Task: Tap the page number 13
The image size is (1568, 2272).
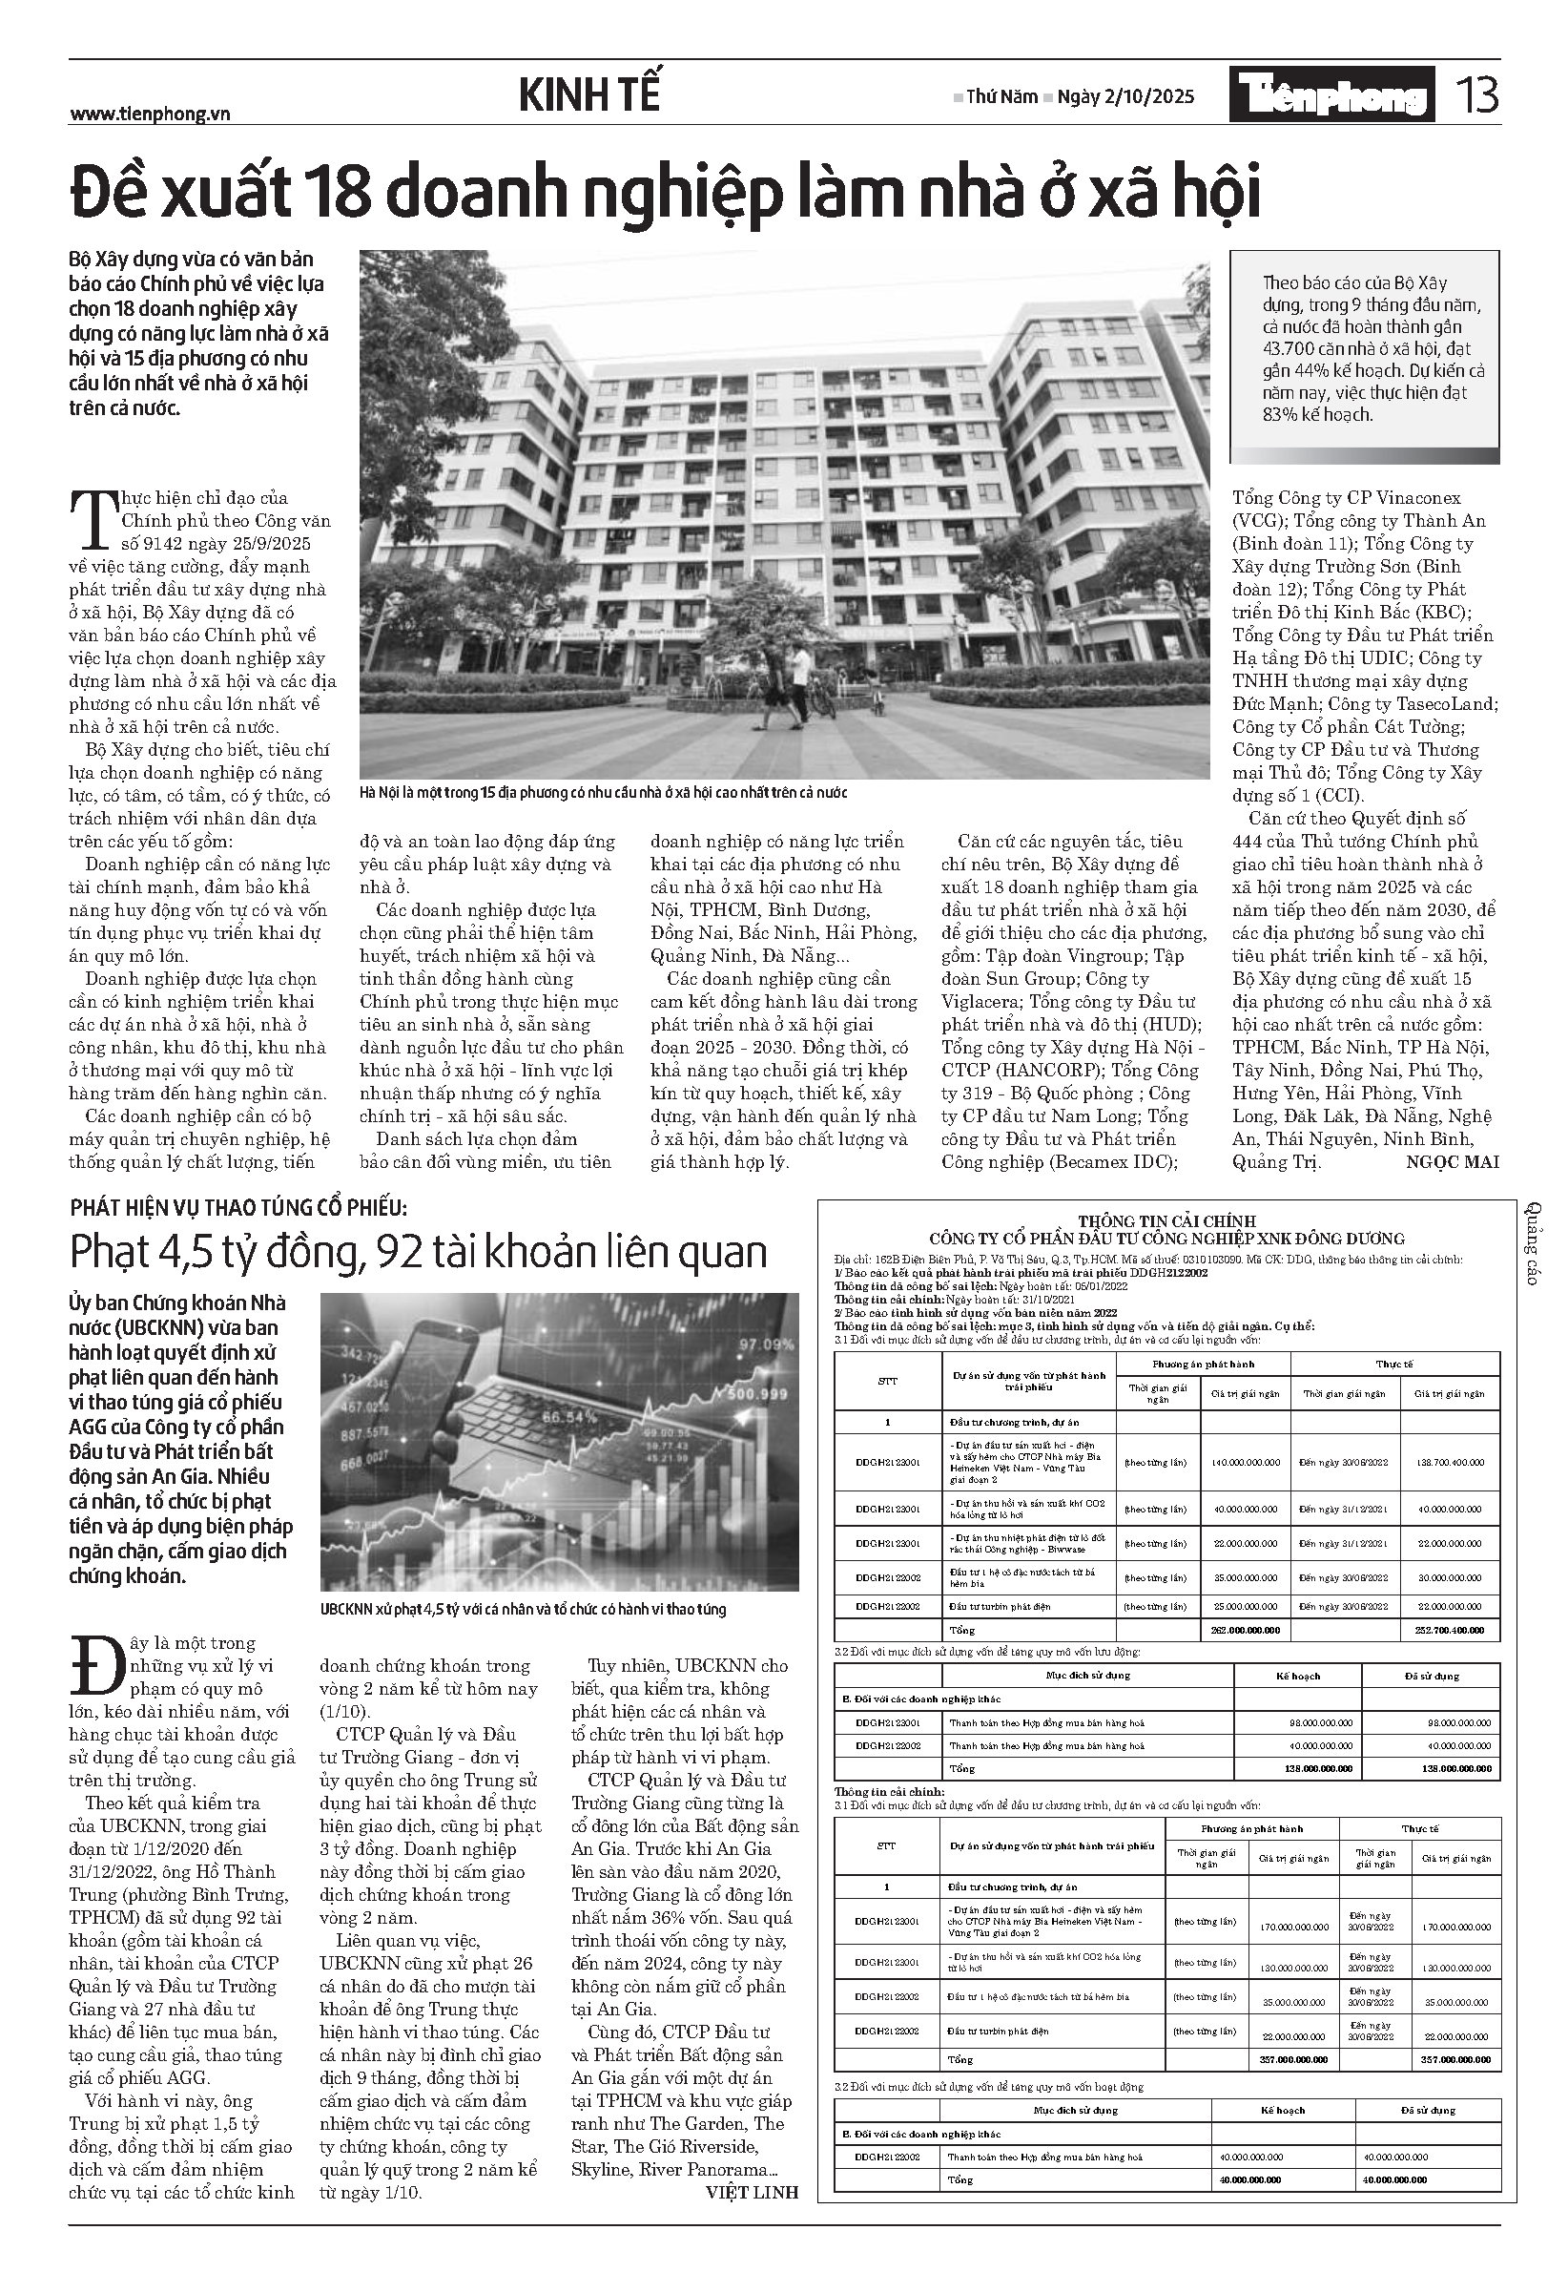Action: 1476,95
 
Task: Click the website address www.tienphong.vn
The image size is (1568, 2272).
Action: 150,114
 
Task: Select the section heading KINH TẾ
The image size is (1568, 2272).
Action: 588,95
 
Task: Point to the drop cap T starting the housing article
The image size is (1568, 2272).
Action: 93,517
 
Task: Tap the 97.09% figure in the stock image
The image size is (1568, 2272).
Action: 765,1343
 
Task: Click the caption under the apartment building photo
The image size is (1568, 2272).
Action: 603,792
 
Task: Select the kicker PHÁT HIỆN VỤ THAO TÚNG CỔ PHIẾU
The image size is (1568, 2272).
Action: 237,1209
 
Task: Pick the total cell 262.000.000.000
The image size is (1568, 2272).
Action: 1245,1629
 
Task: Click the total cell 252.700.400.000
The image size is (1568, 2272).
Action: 1451,1629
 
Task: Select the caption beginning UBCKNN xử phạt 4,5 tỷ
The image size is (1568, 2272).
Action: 523,1610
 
